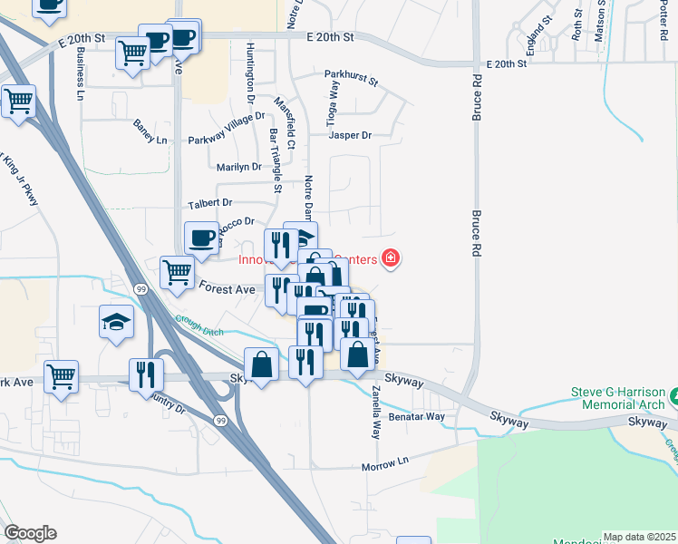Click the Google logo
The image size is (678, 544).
[x=30, y=533]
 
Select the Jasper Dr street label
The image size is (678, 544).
[x=350, y=135]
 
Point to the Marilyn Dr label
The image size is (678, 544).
[x=239, y=167]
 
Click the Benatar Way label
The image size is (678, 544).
[x=416, y=417]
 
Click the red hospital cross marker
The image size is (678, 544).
[x=391, y=259]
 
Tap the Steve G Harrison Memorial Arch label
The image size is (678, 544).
[x=617, y=399]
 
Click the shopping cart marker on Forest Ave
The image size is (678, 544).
[x=176, y=271]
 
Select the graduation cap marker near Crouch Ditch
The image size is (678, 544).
[x=117, y=321]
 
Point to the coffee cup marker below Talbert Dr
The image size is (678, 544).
[x=201, y=238]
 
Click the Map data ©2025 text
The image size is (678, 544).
[x=639, y=537]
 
